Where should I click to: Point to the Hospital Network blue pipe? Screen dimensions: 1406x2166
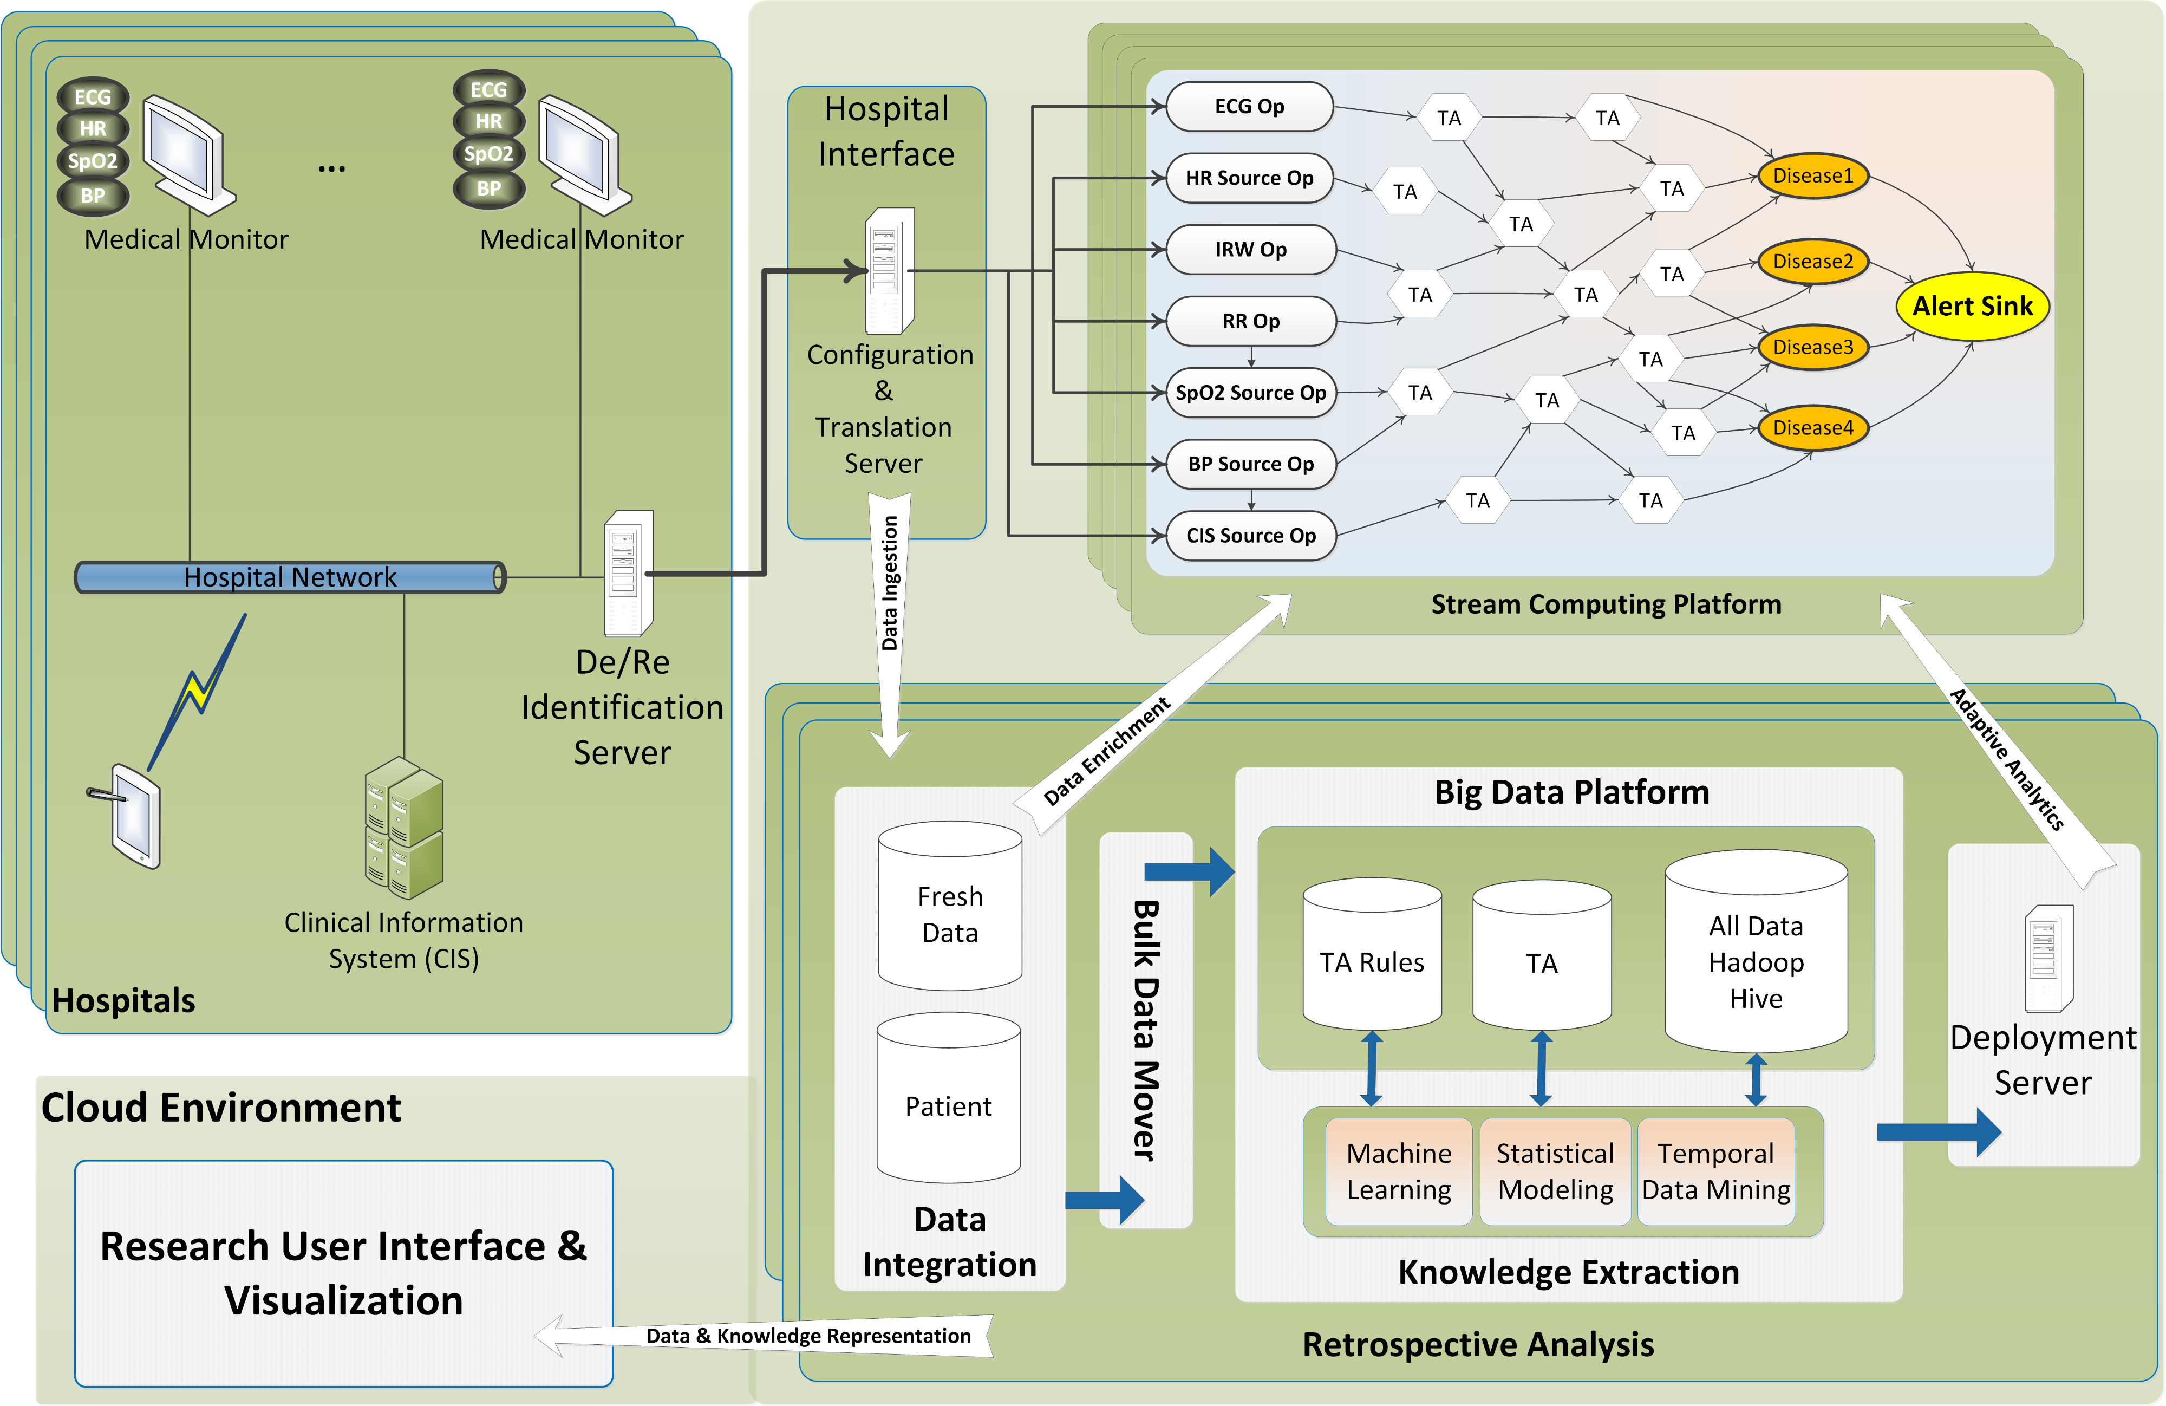click(289, 577)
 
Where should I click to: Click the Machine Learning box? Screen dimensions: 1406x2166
click(1398, 1171)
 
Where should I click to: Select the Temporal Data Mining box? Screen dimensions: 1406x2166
click(1715, 1171)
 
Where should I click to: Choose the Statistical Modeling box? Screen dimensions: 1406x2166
click(1555, 1171)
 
